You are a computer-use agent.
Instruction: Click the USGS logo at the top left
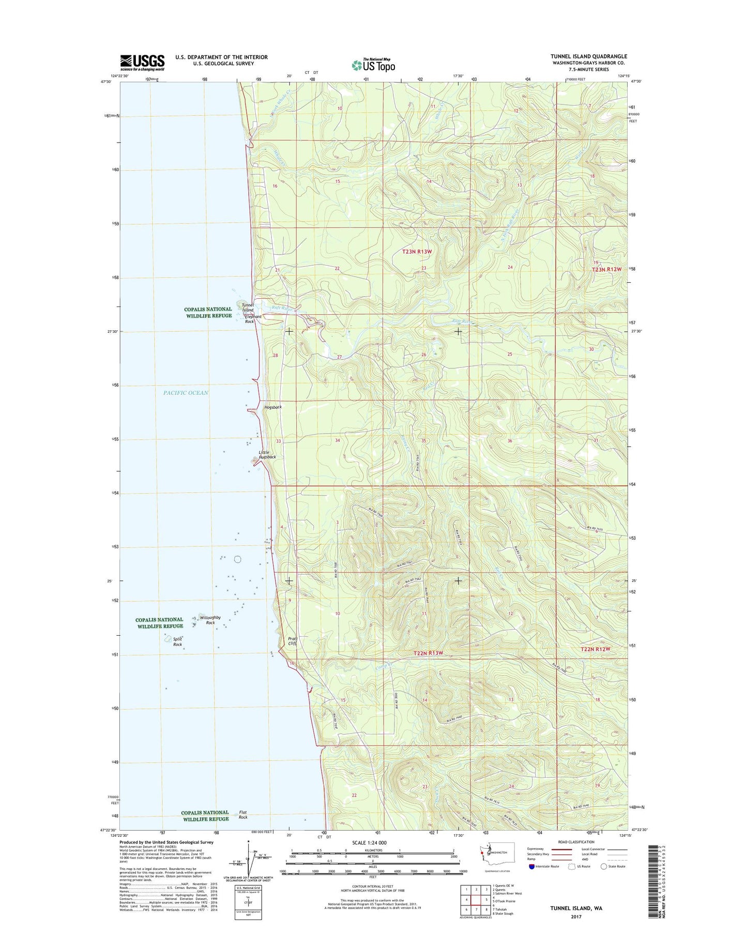142,62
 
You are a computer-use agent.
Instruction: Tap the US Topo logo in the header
373,65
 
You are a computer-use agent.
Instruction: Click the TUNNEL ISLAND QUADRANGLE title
588,56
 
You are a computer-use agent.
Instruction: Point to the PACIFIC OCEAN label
186,393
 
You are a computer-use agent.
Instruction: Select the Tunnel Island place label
248,308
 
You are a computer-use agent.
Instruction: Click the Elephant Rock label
252,319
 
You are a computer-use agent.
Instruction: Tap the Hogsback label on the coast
273,407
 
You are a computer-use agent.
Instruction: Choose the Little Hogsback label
267,455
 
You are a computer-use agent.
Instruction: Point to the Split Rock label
177,642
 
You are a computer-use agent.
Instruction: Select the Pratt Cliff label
292,641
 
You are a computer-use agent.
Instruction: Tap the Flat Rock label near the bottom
242,815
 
